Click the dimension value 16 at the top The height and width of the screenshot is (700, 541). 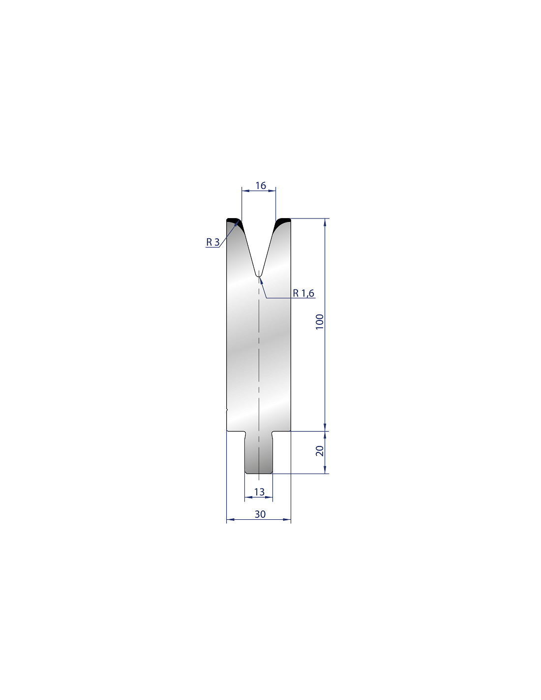(260, 186)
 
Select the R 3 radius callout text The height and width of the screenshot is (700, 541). (212, 242)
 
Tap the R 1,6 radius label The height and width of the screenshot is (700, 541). (303, 293)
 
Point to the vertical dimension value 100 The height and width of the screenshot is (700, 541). (320, 321)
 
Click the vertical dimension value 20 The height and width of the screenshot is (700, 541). (320, 450)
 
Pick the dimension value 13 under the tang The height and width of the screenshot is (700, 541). (259, 492)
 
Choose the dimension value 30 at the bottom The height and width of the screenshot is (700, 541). (260, 514)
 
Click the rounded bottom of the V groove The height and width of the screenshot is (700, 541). (258, 275)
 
